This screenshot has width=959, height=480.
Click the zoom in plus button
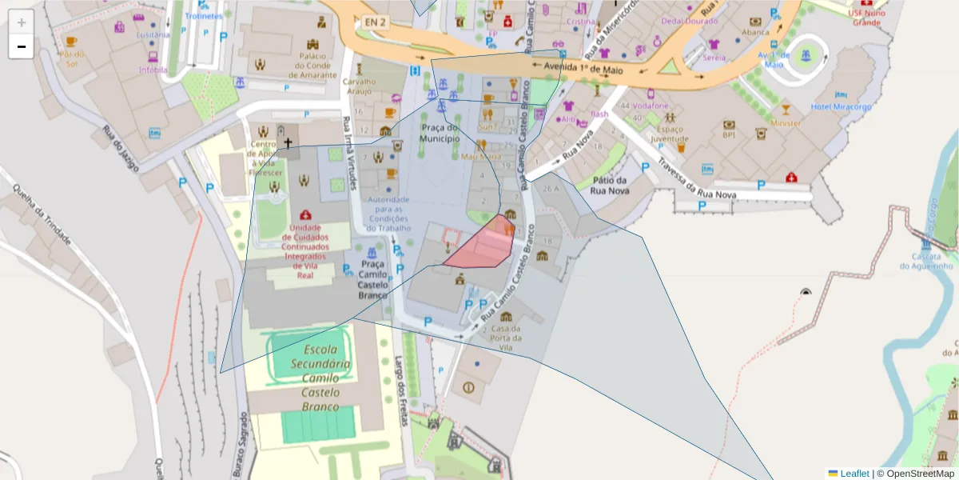pyautogui.click(x=21, y=22)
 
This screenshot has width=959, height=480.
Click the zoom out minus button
pyautogui.click(x=21, y=46)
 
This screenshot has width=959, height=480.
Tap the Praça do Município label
pyautogui.click(x=440, y=133)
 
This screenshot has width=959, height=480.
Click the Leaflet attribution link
pyautogui.click(x=854, y=474)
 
